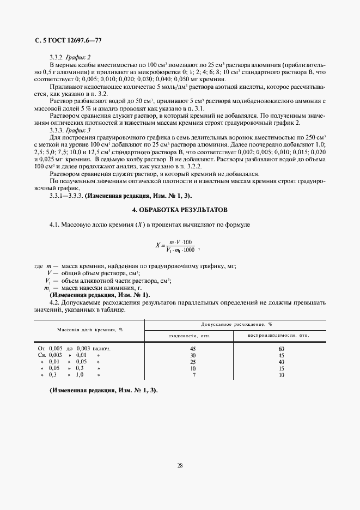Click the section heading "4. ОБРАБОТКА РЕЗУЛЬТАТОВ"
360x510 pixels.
180,210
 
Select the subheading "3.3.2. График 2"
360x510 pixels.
70,57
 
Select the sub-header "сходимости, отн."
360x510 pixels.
190,336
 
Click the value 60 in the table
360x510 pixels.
281,348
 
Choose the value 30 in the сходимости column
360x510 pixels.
192,355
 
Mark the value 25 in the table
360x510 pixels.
192,362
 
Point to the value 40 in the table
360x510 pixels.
281,362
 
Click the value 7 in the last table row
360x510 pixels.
193,375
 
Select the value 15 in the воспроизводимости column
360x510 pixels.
281,368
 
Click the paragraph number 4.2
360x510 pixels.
54,302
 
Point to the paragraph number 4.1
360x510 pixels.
54,224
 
